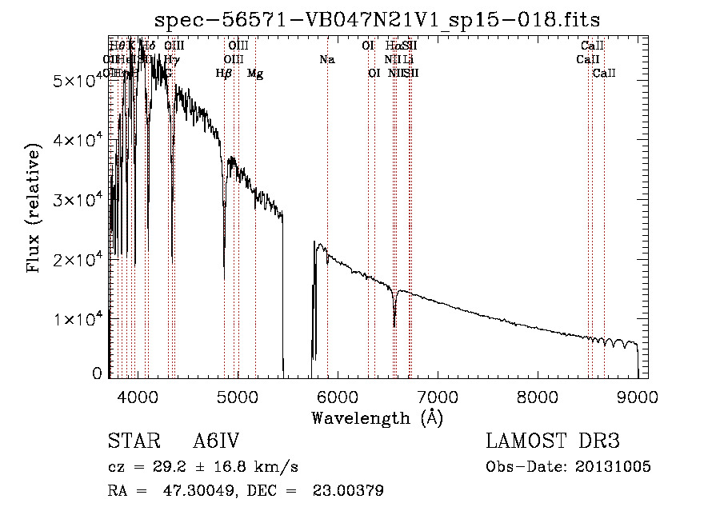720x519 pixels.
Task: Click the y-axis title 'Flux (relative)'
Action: click(x=34, y=208)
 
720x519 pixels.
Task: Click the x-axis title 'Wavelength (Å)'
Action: click(x=377, y=417)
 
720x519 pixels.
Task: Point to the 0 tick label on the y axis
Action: click(x=98, y=373)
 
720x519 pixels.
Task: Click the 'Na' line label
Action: click(x=326, y=60)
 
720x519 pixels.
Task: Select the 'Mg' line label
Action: click(x=255, y=74)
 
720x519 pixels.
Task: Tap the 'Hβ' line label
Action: click(x=224, y=74)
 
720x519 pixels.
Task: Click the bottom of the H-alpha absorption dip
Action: click(x=394, y=325)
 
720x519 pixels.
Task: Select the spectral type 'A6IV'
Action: click(x=216, y=441)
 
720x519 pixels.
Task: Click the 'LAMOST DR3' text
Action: click(x=553, y=441)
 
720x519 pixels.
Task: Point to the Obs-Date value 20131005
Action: click(x=612, y=466)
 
